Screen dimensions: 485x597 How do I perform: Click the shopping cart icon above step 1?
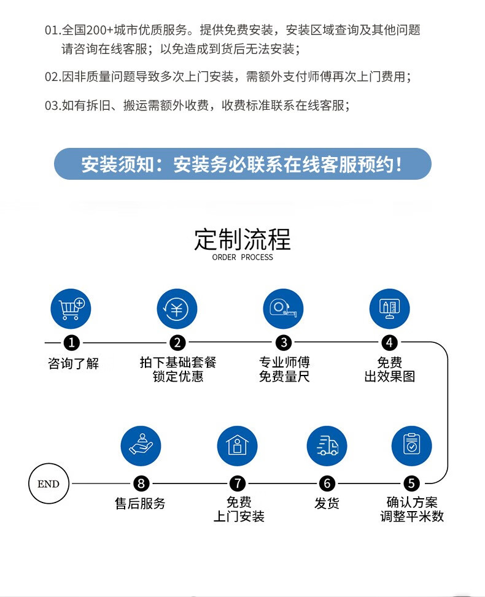click(x=71, y=309)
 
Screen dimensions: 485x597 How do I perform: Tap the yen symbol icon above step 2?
click(x=177, y=309)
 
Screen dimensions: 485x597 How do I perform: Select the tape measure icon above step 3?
click(x=284, y=309)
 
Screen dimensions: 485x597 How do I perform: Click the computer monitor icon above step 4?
click(x=389, y=309)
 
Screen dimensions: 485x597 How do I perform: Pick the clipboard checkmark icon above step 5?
click(x=412, y=445)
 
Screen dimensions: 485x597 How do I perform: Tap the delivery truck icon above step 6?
click(x=327, y=445)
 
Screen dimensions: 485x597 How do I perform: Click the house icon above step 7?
click(x=238, y=445)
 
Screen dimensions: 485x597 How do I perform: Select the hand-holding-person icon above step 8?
click(x=141, y=445)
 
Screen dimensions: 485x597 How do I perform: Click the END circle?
click(x=49, y=483)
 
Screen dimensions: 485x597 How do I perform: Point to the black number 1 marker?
click(x=72, y=342)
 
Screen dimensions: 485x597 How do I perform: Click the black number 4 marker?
click(x=389, y=342)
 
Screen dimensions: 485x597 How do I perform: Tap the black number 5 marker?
click(x=411, y=483)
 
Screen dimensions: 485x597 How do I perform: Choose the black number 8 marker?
click(x=141, y=483)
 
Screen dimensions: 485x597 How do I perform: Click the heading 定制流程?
click(x=243, y=239)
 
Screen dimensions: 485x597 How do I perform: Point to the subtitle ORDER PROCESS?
click(x=243, y=257)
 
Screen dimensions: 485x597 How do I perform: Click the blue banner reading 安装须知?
click(x=243, y=164)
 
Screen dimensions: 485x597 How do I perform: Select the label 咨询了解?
click(x=73, y=363)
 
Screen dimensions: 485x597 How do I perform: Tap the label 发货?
click(x=327, y=503)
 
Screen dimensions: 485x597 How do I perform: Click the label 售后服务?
click(x=140, y=503)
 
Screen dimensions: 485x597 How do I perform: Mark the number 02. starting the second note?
click(x=53, y=77)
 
